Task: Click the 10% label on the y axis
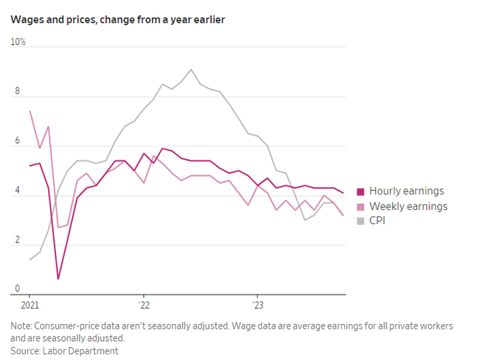click(x=18, y=42)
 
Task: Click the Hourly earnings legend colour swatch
click(x=360, y=191)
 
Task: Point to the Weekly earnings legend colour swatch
click(x=360, y=206)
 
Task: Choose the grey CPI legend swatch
click(x=360, y=221)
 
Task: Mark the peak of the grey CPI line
click(x=191, y=70)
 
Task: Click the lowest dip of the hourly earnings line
click(x=58, y=279)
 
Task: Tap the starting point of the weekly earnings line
click(x=30, y=111)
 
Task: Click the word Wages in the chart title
click(x=26, y=19)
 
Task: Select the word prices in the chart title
click(x=79, y=19)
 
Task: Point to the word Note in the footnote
click(x=22, y=326)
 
